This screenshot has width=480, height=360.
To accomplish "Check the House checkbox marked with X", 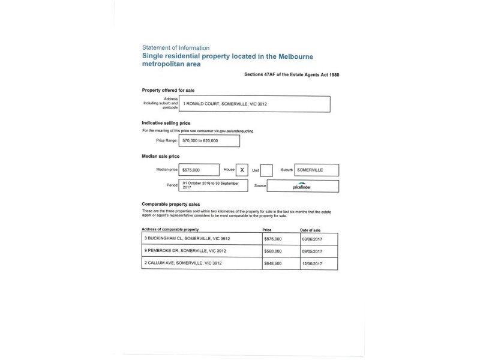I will click(242, 170).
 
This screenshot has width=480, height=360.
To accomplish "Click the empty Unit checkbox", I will click(266, 170).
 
